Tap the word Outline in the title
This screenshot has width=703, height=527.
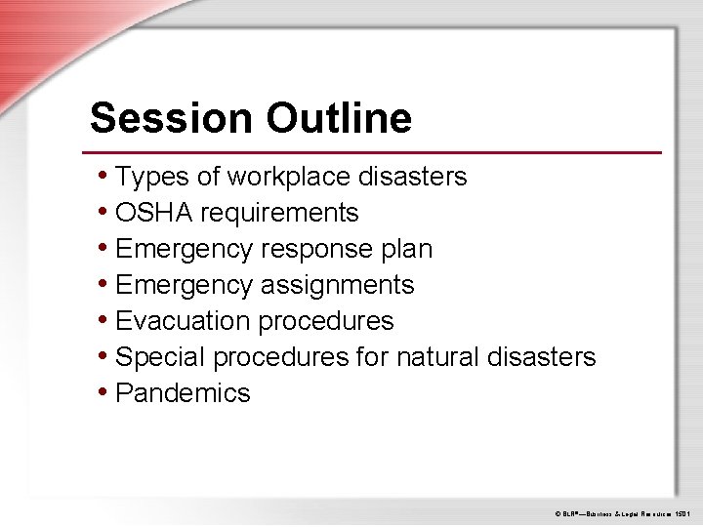coord(338,118)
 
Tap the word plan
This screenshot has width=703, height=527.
coord(409,249)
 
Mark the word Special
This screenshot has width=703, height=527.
coord(160,357)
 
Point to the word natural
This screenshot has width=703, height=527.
coord(434,357)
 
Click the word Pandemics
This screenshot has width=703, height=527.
coord(183,393)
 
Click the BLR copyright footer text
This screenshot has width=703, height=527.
coord(623,512)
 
